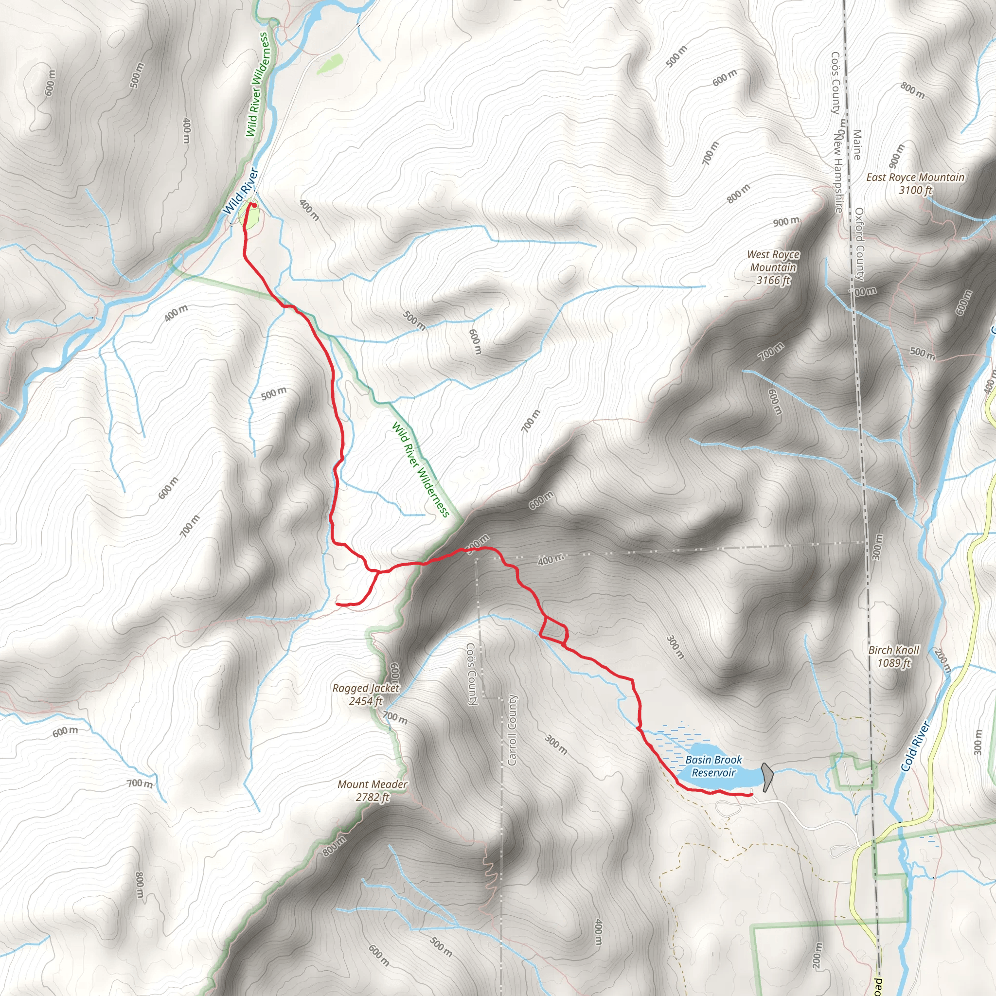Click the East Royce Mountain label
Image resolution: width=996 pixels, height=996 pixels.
tap(915, 183)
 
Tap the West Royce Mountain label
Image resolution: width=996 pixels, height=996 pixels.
tap(773, 267)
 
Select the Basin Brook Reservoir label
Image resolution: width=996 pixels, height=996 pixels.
tap(713, 766)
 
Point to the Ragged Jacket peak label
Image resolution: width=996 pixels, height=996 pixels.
tap(366, 694)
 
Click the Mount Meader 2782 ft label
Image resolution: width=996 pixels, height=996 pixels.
tap(372, 790)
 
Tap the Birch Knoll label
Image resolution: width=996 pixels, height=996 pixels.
tap(893, 656)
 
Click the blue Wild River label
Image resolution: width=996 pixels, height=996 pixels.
tap(240, 191)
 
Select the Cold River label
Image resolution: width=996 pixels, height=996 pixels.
tap(916, 747)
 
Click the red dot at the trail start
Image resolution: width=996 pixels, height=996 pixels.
tap(254, 205)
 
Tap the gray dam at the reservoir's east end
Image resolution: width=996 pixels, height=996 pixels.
tap(767, 777)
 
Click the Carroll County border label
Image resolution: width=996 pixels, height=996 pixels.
tap(512, 729)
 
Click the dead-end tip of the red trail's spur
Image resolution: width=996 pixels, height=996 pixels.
tap(337, 603)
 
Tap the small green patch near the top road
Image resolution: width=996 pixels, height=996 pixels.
tap(330, 64)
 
